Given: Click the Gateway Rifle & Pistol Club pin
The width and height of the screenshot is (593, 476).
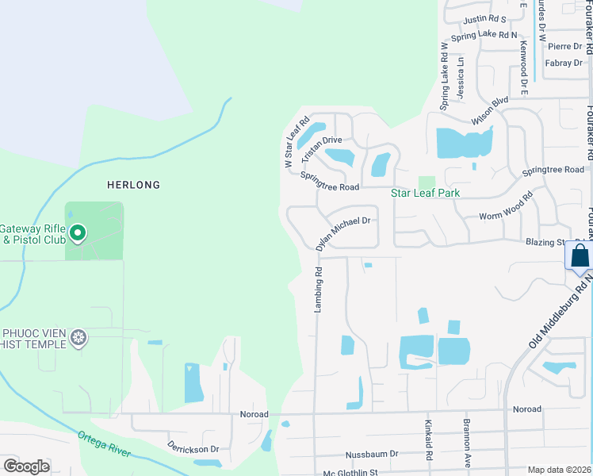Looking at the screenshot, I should tap(78, 233).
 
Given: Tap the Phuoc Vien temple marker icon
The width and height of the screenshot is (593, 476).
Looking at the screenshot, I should tap(78, 339).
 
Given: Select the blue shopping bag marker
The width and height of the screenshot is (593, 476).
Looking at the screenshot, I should tap(580, 257).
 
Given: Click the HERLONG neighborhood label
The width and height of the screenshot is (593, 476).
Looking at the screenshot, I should tap(134, 185).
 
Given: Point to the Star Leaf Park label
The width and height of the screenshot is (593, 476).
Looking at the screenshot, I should tap(426, 193).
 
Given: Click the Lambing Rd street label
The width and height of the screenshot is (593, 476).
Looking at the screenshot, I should tap(318, 289).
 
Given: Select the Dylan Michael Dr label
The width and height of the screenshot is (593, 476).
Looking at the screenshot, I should tap(342, 234).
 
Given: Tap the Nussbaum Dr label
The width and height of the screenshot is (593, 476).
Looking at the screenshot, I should tap(372, 455).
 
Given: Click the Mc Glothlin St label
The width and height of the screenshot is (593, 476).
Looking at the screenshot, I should tap(351, 472).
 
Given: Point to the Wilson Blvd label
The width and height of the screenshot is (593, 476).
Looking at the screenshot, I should tap(489, 111).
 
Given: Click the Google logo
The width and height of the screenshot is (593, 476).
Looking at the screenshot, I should tap(26, 466).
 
